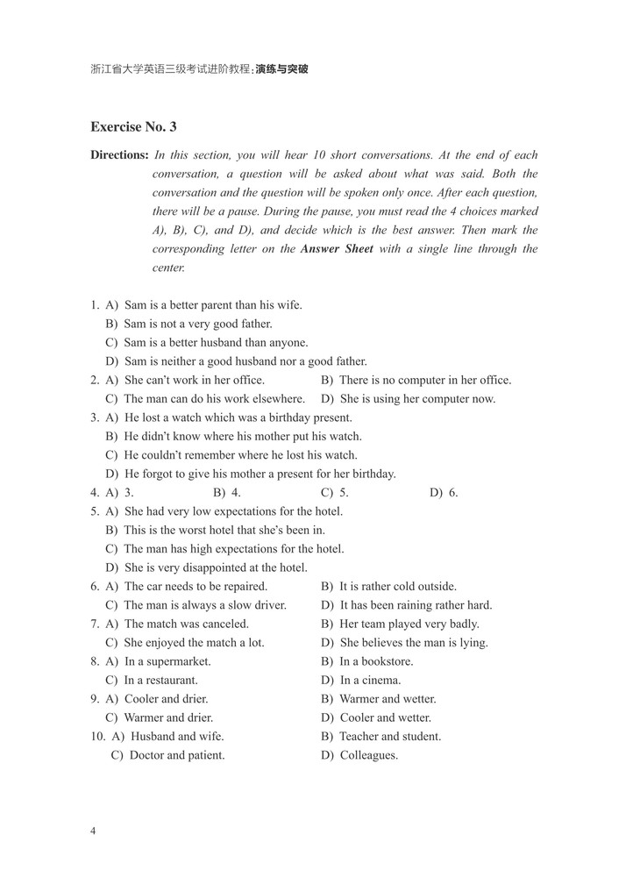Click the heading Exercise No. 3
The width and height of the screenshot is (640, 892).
coord(133,126)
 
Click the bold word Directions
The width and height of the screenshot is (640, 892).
coord(119,155)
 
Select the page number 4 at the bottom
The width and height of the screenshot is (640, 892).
coord(93,830)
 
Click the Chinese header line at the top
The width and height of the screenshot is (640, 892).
coord(199,68)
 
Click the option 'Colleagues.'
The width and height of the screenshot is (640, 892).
coord(368,755)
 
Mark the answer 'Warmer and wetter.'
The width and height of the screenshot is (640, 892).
coord(387,699)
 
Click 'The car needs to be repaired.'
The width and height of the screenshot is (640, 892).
coord(195,586)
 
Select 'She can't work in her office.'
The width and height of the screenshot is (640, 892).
coord(194,380)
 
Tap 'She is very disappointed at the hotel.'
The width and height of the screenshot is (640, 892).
coord(215,567)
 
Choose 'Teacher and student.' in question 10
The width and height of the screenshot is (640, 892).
coord(389,737)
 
